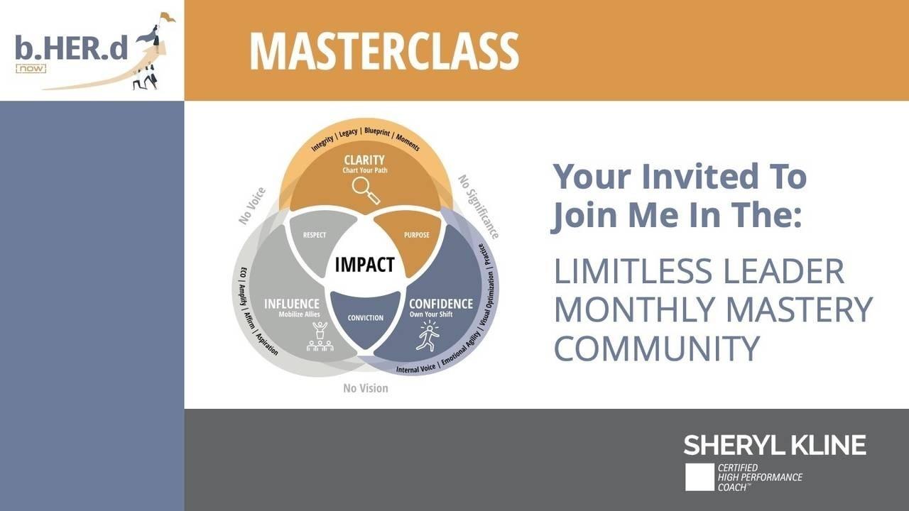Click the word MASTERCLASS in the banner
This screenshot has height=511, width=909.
(384, 52)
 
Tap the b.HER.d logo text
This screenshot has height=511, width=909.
(72, 48)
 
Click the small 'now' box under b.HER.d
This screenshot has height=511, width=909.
(31, 69)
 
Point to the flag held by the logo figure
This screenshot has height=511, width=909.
(168, 17)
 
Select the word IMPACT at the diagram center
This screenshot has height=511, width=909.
(364, 265)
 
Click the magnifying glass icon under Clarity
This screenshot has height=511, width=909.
(366, 191)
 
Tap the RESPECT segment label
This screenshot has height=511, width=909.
(315, 235)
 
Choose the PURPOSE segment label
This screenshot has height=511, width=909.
(416, 235)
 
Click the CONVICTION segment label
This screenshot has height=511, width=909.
(365, 318)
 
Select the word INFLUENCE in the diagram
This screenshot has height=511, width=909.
(291, 304)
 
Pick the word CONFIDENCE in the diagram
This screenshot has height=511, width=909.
(441, 304)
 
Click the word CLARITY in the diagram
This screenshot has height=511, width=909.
(364, 160)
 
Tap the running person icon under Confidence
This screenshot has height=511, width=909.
(428, 336)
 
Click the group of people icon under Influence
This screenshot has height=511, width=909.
(320, 336)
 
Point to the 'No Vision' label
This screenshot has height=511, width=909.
(366, 388)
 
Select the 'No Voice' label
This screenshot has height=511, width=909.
(252, 206)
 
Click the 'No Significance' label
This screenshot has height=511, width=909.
(479, 207)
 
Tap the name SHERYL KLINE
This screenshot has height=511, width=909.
(775, 445)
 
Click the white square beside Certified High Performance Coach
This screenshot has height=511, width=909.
(700, 477)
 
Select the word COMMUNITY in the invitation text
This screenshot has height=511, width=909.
(657, 348)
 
